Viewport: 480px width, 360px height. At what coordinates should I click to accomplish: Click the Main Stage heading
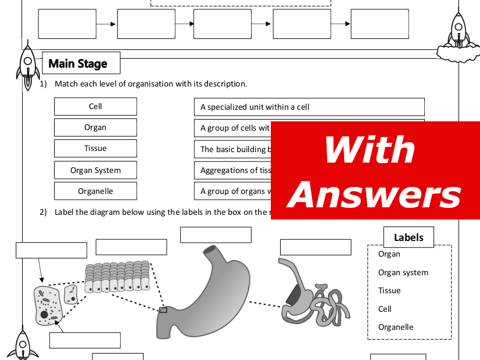coord(78,63)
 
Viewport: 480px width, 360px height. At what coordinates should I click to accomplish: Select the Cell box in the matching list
coord(95,106)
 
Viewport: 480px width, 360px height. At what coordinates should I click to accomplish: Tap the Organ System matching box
coord(95,170)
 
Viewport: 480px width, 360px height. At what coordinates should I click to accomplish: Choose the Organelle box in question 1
coord(95,191)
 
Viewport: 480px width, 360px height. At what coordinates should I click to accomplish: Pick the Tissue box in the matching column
coord(95,149)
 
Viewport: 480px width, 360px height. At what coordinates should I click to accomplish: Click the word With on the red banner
coord(370,150)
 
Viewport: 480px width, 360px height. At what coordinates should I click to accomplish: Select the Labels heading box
coord(409,237)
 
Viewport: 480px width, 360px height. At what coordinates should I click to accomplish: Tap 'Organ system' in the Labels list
coord(403,272)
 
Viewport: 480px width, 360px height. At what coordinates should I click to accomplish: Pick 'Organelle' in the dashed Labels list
coord(395,327)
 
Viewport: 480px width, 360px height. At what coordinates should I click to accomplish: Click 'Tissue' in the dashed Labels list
coord(389,290)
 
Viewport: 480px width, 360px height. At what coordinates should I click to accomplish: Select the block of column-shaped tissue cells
coord(117,277)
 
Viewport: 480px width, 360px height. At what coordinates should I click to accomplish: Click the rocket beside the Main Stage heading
coord(27,66)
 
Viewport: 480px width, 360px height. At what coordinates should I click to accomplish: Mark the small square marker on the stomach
coord(163,310)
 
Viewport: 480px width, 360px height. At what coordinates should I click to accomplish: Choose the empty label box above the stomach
coord(216,235)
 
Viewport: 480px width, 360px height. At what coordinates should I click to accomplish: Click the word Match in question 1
coord(65,84)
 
